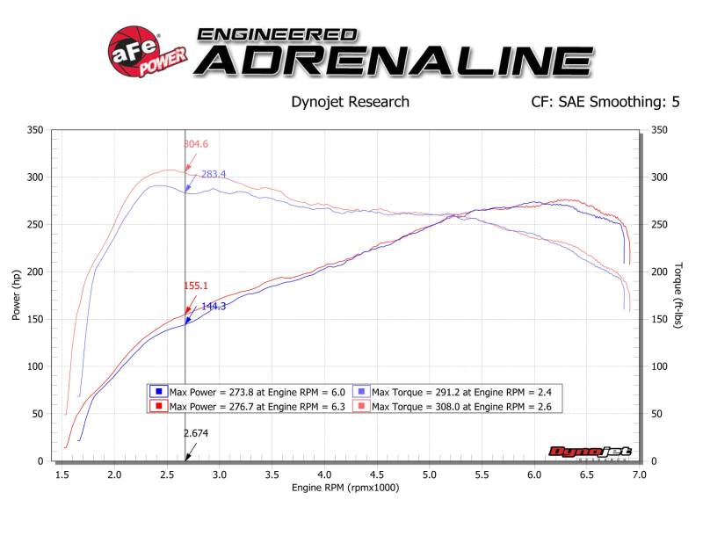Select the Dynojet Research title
click(x=350, y=102)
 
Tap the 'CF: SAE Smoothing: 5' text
click(x=605, y=102)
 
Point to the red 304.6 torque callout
click(x=195, y=144)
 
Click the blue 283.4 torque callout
click(x=213, y=175)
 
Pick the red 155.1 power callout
click(x=196, y=286)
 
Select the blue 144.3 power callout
click(x=214, y=307)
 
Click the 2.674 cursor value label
click(x=196, y=433)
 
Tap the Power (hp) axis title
click(x=17, y=294)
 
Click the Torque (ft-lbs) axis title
click(x=678, y=294)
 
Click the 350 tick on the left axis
click(x=35, y=130)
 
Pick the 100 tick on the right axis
click(x=657, y=366)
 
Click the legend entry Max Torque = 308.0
click(x=460, y=406)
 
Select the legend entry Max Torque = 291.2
click(x=460, y=392)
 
